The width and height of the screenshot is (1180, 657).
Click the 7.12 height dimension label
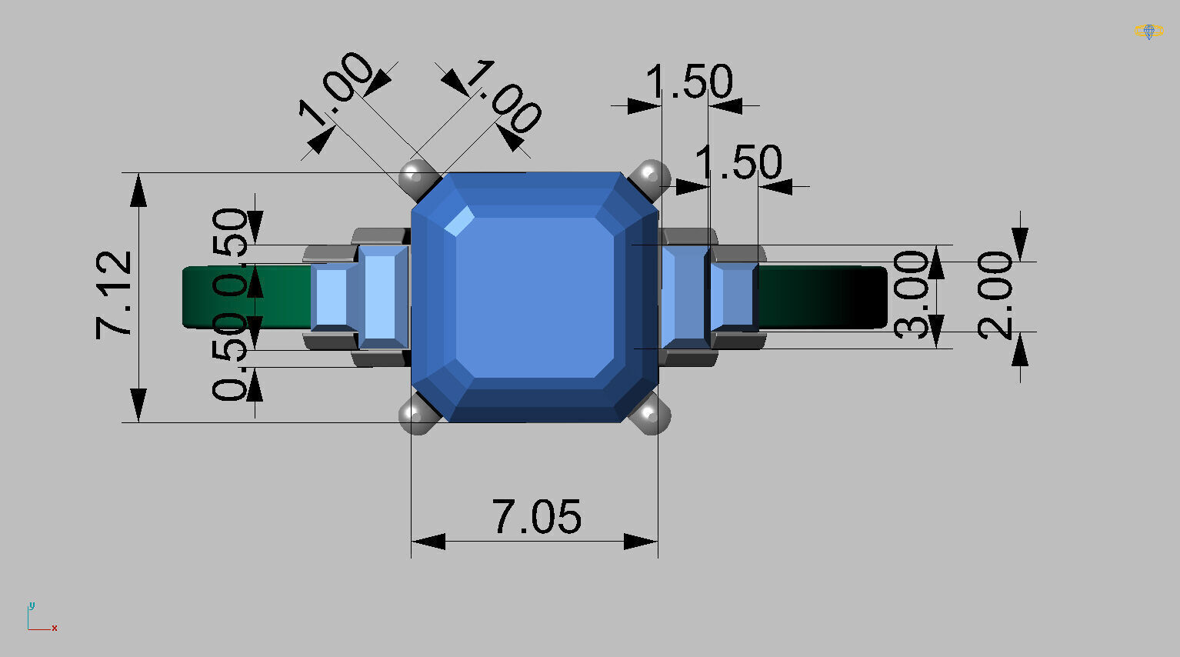[x=114, y=295]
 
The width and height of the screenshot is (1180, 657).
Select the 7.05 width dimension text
[x=536, y=517]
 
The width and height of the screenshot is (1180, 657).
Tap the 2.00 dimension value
[x=995, y=295]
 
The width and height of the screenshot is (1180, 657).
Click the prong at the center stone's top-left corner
[x=416, y=177]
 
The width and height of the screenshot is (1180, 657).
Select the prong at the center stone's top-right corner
[x=652, y=175]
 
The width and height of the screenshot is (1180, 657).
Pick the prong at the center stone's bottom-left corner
[x=416, y=417]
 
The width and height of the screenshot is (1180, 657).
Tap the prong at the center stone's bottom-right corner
[x=652, y=416]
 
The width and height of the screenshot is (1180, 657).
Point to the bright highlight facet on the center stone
[x=460, y=222]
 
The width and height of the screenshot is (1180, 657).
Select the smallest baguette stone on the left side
[x=332, y=297]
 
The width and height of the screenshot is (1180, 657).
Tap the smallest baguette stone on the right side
[x=732, y=297]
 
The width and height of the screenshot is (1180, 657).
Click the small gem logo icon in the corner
[x=1148, y=32]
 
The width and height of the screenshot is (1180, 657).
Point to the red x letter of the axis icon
[x=55, y=628]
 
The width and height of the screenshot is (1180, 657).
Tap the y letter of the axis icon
[x=32, y=605]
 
